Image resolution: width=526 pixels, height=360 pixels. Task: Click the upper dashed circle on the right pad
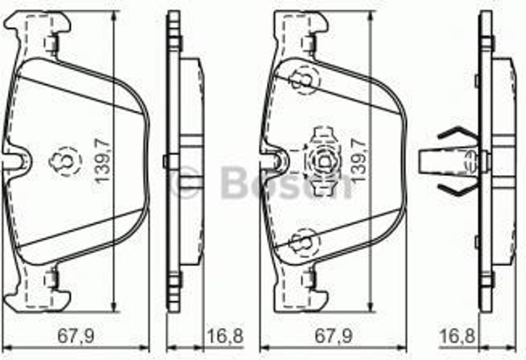click(x=303, y=80)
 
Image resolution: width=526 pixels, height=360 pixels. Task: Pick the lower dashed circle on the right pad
click(x=303, y=242)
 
